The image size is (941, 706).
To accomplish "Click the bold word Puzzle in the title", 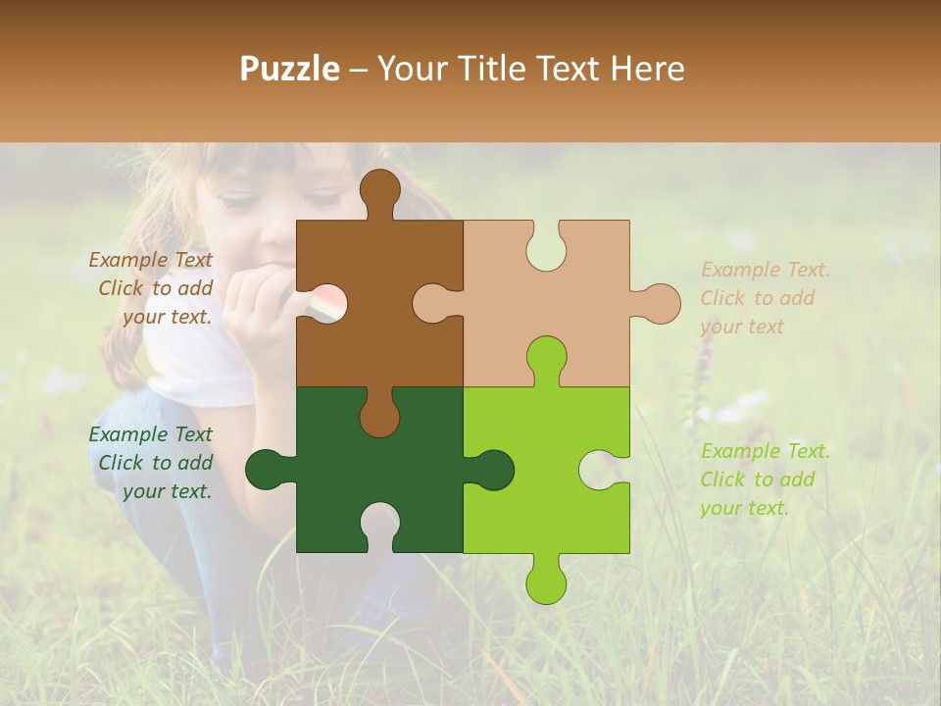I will (x=290, y=69).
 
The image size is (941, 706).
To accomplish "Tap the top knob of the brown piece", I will (x=379, y=191).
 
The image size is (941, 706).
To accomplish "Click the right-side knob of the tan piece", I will (x=659, y=303).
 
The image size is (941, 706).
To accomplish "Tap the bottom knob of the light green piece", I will (x=546, y=580).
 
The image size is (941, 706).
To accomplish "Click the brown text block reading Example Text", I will (x=151, y=288).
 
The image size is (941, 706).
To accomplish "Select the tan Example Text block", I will (x=765, y=298).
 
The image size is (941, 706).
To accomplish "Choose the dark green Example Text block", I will (x=151, y=463).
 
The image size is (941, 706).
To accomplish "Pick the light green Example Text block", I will (x=765, y=479).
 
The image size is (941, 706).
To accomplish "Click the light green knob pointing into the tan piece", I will (x=546, y=359).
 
